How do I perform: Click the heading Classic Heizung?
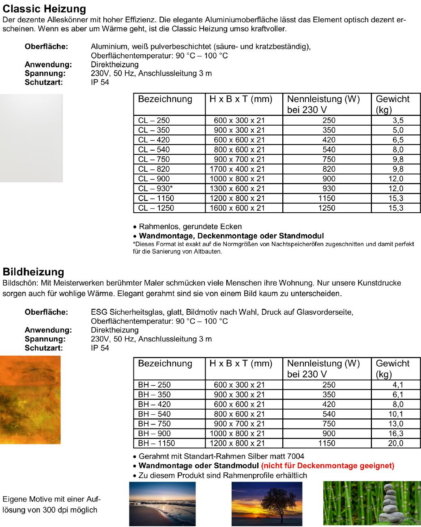click(44, 9)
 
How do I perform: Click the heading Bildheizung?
click(33, 272)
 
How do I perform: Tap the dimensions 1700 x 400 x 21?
click(237, 169)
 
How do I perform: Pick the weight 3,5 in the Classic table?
click(398, 120)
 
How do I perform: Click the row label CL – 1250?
click(156, 208)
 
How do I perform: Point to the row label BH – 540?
click(154, 414)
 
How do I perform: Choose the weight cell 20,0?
click(395, 443)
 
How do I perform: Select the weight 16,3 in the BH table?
click(395, 433)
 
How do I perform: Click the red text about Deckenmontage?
click(328, 466)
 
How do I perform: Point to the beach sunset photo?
click(162, 504)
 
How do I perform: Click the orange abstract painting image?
click(30, 399)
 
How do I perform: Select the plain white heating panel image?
click(31, 138)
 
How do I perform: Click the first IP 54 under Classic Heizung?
click(100, 82)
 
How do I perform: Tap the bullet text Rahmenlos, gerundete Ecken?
click(190, 226)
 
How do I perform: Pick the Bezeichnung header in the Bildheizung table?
click(165, 363)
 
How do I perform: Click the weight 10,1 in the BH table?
click(395, 414)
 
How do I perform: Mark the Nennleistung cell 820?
click(329, 169)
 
